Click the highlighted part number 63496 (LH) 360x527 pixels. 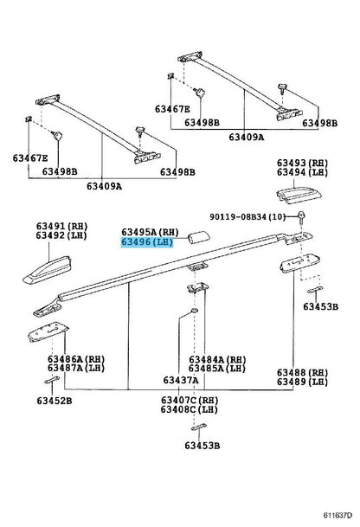(147, 242)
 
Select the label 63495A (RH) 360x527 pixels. (150, 232)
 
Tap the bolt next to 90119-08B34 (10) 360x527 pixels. (301, 216)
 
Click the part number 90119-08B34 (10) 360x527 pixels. (247, 217)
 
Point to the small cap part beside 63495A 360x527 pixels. (199, 237)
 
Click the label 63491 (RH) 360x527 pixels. (61, 226)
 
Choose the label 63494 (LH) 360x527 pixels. (302, 172)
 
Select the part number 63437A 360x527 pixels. (181, 380)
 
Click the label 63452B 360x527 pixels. (55, 401)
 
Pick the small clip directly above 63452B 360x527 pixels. (52, 380)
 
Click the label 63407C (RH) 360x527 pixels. (190, 401)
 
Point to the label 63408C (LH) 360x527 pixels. (190, 409)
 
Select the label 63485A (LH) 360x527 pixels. (217, 369)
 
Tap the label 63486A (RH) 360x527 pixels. (76, 359)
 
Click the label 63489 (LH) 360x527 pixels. (302, 382)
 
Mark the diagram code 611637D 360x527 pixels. (338, 515)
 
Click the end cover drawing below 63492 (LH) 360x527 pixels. (48, 269)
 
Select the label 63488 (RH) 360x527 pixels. (302, 373)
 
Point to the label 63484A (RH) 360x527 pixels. (217, 360)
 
